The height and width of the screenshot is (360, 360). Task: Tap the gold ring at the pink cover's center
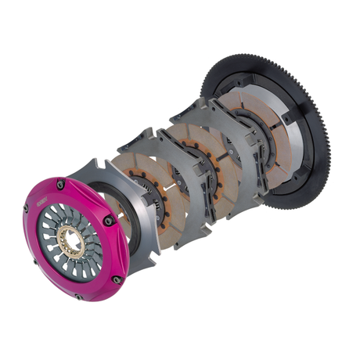75,227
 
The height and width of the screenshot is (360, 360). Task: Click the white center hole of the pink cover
75,228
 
